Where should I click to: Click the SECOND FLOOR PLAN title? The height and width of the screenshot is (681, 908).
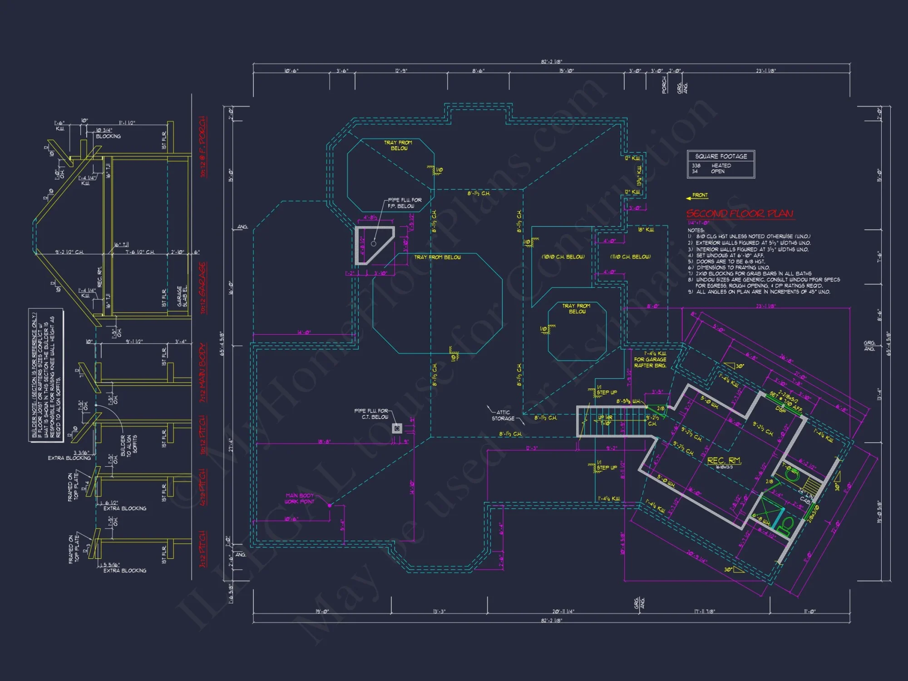[740, 213]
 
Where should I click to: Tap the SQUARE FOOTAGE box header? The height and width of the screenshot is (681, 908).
[720, 156]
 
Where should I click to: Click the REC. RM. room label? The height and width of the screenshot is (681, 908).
[724, 460]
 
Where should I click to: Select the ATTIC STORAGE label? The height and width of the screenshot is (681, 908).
[503, 415]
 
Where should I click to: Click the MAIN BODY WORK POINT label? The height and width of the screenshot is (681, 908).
[300, 498]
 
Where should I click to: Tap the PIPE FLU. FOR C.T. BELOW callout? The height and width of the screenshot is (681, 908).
[371, 414]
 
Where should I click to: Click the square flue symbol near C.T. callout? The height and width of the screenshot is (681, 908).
[397, 428]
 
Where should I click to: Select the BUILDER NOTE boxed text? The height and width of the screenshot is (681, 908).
[46, 375]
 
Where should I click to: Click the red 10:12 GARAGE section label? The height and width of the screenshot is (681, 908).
[202, 288]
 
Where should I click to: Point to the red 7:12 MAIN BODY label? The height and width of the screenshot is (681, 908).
[203, 372]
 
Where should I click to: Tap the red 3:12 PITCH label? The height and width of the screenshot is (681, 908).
[202, 549]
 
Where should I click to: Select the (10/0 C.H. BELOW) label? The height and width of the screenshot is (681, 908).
[563, 257]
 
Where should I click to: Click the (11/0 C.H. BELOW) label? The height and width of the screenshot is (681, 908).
[630, 257]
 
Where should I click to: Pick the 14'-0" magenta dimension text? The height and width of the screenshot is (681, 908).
[304, 332]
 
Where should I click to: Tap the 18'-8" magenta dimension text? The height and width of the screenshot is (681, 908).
[324, 441]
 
